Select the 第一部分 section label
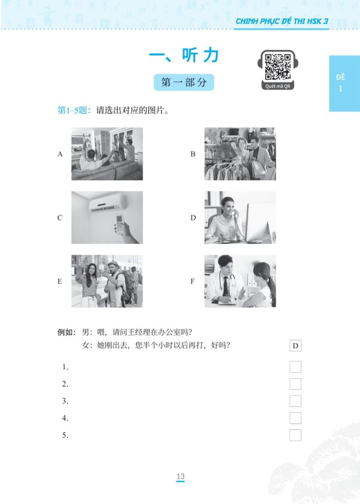click(184, 83)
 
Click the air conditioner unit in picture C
click(107, 202)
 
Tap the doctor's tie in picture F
click(225, 285)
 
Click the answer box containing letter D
click(295, 346)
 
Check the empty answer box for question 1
click(295, 367)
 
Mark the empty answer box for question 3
click(295, 401)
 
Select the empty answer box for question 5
click(295, 435)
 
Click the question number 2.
click(65, 384)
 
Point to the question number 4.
click(65, 418)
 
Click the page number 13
click(180, 476)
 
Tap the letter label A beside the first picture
click(60, 154)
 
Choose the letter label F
click(193, 282)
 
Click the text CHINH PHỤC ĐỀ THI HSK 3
click(282, 21)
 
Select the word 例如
click(67, 332)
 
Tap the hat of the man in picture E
click(114, 264)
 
